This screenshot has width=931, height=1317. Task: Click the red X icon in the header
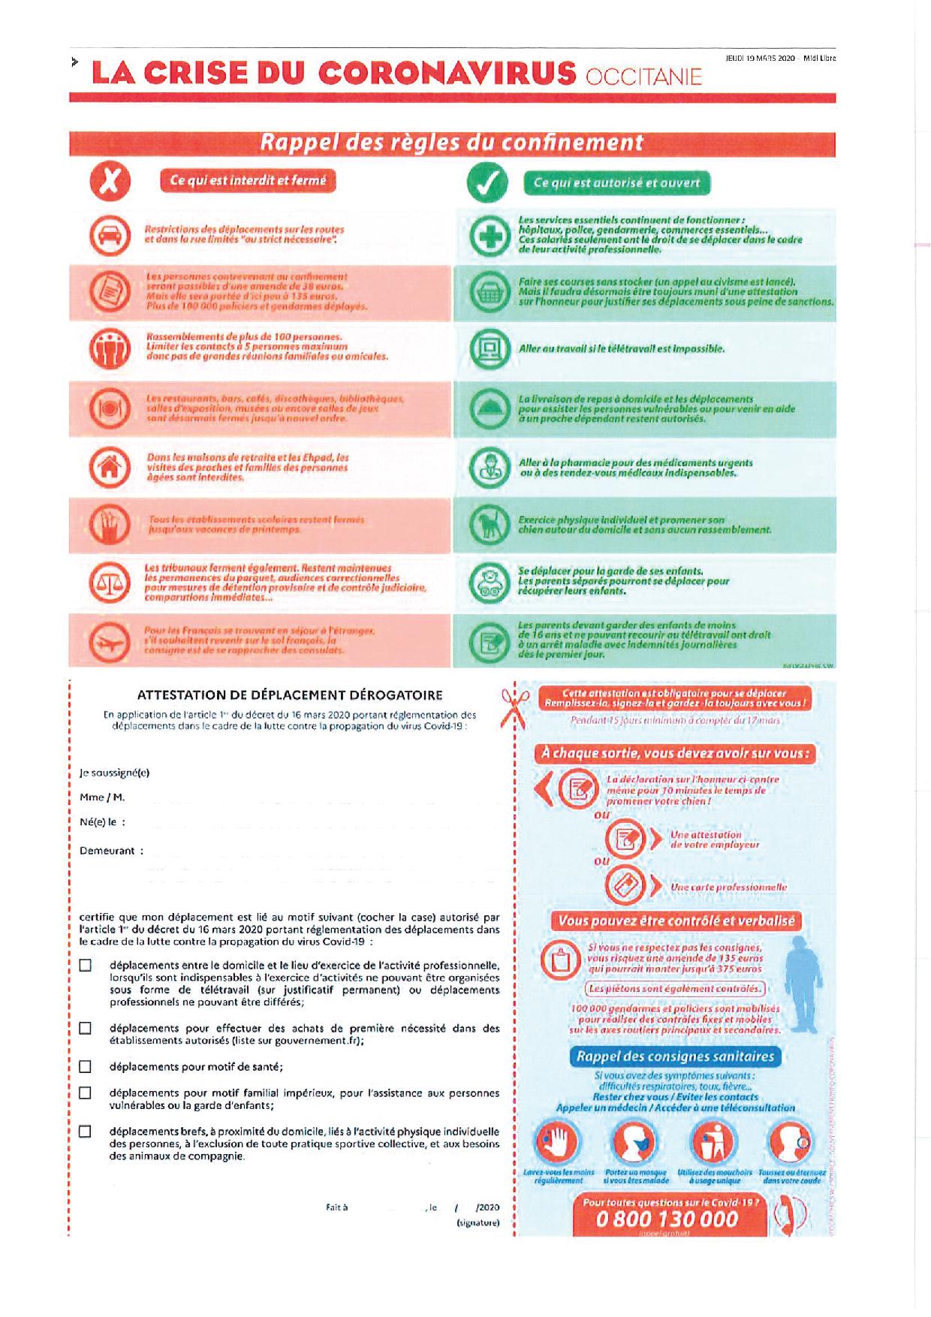[x=110, y=182]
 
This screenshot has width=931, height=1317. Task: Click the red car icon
[x=110, y=235]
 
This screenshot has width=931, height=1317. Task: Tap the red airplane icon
[x=110, y=640]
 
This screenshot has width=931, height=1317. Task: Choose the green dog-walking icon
[x=489, y=524]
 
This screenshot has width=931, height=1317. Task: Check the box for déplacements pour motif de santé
[x=85, y=1066]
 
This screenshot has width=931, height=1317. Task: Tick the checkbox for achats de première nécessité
[x=85, y=1028]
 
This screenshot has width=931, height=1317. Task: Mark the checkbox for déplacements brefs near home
[x=85, y=1131]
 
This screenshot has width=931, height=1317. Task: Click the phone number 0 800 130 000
[x=667, y=1219]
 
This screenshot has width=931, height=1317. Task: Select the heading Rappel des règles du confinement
[x=451, y=143]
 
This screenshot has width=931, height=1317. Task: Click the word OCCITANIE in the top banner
[x=643, y=77]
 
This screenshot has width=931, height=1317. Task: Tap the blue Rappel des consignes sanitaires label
[x=674, y=1056]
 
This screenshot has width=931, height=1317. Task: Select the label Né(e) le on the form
[x=102, y=822]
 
